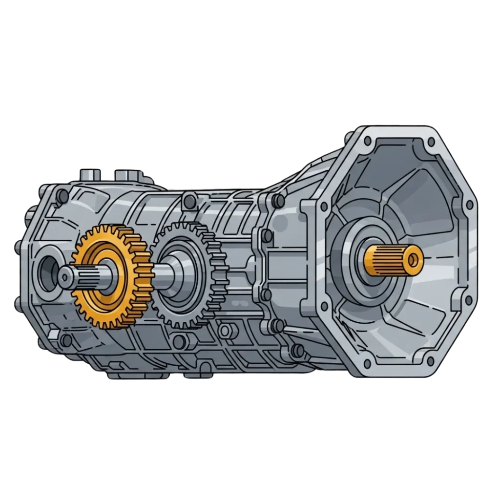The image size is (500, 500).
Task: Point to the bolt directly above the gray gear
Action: (x=186, y=200)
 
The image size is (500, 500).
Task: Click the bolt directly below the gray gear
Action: (x=179, y=340)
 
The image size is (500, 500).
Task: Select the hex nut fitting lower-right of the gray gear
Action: (x=225, y=331)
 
